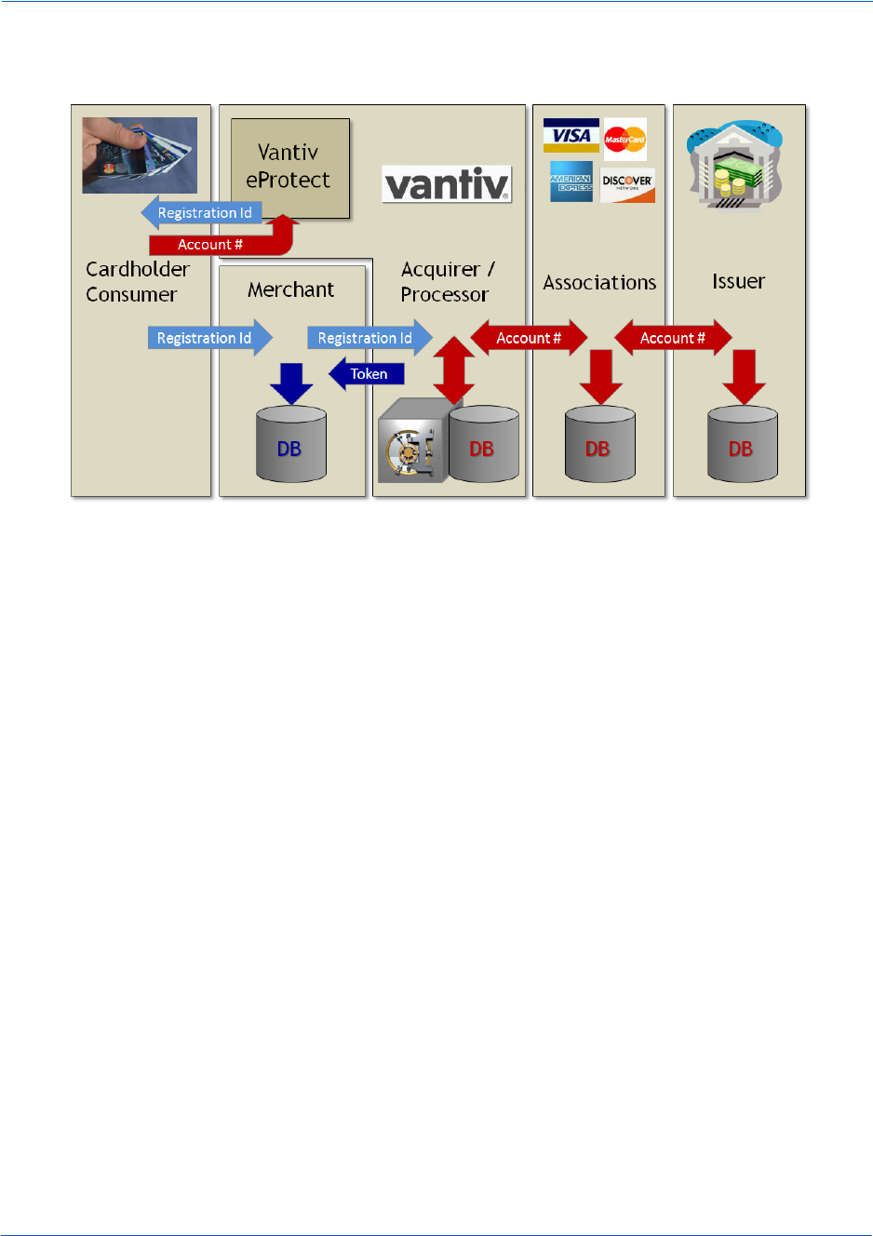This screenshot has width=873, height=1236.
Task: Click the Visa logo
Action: (x=571, y=136)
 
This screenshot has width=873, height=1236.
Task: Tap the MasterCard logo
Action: (x=625, y=140)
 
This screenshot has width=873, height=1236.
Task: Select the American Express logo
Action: (x=571, y=181)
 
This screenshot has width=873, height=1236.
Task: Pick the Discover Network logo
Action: (x=627, y=184)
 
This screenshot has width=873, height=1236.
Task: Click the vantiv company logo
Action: (x=447, y=184)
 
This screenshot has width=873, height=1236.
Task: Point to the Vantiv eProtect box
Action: (x=289, y=168)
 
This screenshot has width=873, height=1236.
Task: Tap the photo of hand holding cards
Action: (x=140, y=154)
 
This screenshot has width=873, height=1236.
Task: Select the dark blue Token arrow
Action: (x=367, y=374)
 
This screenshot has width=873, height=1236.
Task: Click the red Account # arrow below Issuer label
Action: (x=673, y=338)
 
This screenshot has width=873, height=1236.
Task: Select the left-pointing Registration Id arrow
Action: (x=202, y=213)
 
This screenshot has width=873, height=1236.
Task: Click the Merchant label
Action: (x=290, y=289)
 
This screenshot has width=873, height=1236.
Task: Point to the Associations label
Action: (x=599, y=282)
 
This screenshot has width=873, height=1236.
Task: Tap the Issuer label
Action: (x=738, y=281)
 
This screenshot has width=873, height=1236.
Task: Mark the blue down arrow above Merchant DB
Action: (x=291, y=383)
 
